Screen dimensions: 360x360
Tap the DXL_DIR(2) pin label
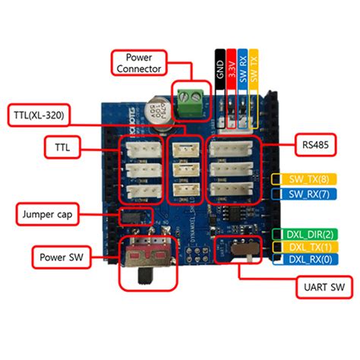click(307, 233)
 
